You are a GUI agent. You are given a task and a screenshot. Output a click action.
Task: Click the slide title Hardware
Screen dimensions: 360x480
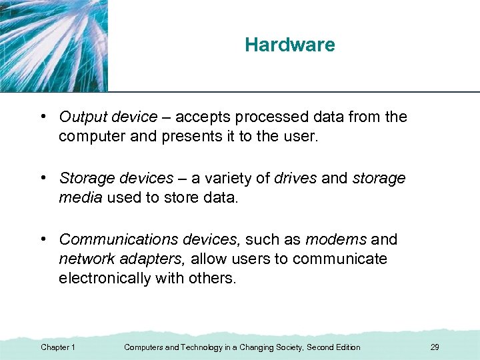pos(289,45)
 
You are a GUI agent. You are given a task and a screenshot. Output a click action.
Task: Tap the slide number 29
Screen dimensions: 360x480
pos(435,347)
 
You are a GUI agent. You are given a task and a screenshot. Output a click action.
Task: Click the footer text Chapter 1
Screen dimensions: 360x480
pos(58,347)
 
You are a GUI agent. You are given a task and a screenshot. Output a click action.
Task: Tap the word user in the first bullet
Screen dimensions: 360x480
pos(304,137)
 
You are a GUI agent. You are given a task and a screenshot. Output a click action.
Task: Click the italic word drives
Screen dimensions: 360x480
pos(295,178)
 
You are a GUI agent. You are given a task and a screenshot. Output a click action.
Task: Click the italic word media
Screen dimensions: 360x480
pos(79,197)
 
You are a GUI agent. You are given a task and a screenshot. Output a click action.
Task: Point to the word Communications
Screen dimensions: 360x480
pos(117,239)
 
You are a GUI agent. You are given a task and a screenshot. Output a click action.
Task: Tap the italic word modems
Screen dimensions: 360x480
pos(335,239)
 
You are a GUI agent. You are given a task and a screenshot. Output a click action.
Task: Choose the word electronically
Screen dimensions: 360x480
pos(103,278)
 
